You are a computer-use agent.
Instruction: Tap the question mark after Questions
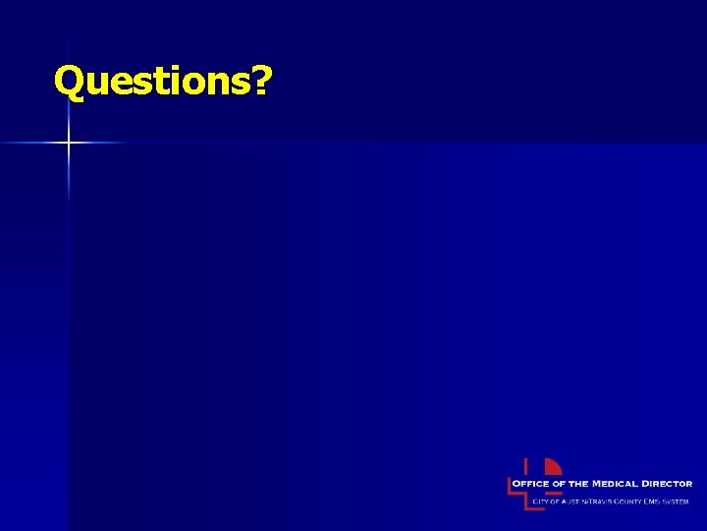click(261, 82)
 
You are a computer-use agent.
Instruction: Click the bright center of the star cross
click(69, 144)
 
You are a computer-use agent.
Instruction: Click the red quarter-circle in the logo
click(553, 466)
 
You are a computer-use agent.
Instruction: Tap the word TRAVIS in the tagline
click(600, 501)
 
